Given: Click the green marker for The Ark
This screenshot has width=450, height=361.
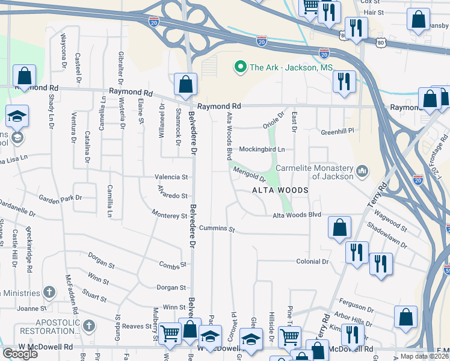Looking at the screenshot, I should click(x=241, y=66).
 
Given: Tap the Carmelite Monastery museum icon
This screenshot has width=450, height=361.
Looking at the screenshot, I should click(x=362, y=172).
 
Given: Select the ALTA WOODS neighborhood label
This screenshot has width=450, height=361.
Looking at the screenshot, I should click(x=280, y=190).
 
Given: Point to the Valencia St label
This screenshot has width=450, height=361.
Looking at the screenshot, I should click(x=172, y=177).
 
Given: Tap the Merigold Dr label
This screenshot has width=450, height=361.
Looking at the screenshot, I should click(x=249, y=174).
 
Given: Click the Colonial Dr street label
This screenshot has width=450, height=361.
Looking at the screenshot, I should click(x=312, y=261).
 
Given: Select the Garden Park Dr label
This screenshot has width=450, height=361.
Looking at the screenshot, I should click(x=60, y=197).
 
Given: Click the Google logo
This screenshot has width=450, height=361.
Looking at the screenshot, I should click(x=20, y=354).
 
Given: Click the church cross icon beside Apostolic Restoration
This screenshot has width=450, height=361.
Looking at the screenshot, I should click(x=88, y=326).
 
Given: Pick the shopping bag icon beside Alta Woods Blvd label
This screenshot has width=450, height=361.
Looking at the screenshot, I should click(x=339, y=227).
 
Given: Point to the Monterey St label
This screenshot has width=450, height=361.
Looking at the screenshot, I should click(x=170, y=215).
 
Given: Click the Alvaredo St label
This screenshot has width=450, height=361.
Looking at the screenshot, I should click(x=173, y=196).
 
